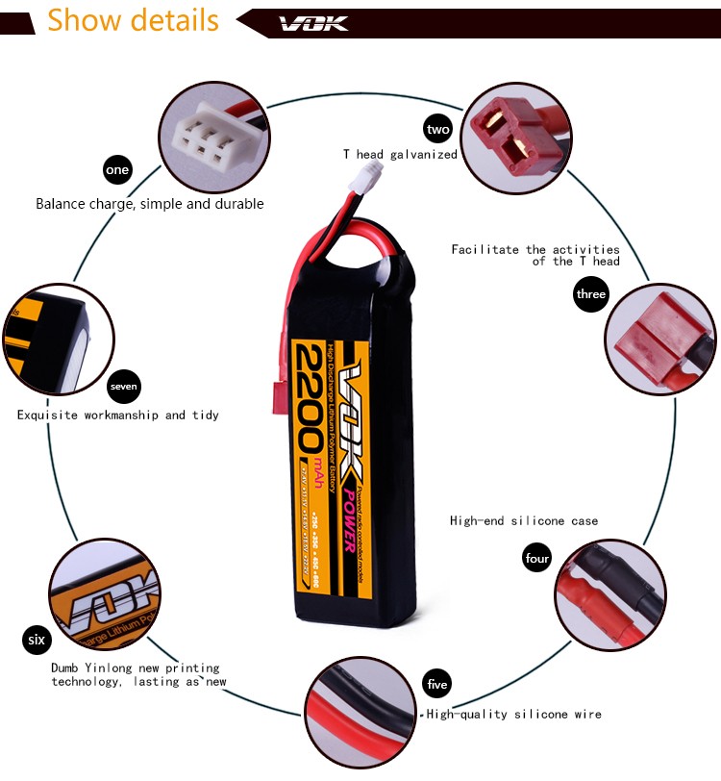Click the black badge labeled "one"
click(x=117, y=170)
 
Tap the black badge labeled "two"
click(x=438, y=129)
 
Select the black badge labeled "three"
click(x=590, y=294)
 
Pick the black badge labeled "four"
click(x=537, y=558)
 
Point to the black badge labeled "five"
click(x=436, y=685)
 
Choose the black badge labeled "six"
click(x=37, y=640)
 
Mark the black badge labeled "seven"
click(x=124, y=387)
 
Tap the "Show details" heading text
click(x=133, y=20)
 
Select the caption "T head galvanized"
click(x=400, y=154)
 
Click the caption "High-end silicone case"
click(x=524, y=520)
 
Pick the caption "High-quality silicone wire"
click(x=514, y=714)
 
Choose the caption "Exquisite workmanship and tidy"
click(x=118, y=415)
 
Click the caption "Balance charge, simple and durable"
click(x=150, y=204)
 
